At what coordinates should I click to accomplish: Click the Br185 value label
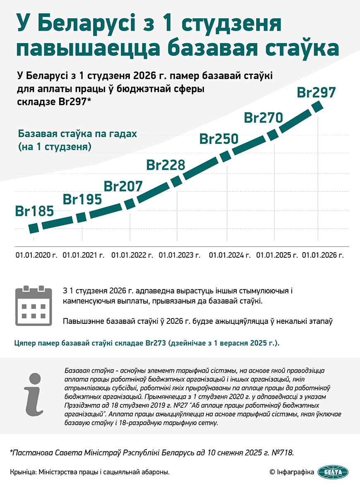pos(35,211)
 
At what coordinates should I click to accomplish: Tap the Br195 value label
pos(82,199)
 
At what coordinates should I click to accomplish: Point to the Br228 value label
pos(166,165)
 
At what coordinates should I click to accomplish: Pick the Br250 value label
pos(219,139)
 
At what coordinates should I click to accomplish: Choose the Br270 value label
pos(264,117)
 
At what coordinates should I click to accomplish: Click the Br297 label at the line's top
pos(316,93)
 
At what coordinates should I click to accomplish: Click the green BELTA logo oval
pos(333,471)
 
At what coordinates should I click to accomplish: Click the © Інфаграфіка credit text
pos(292,472)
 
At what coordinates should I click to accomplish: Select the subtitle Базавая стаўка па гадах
pos(77,134)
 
